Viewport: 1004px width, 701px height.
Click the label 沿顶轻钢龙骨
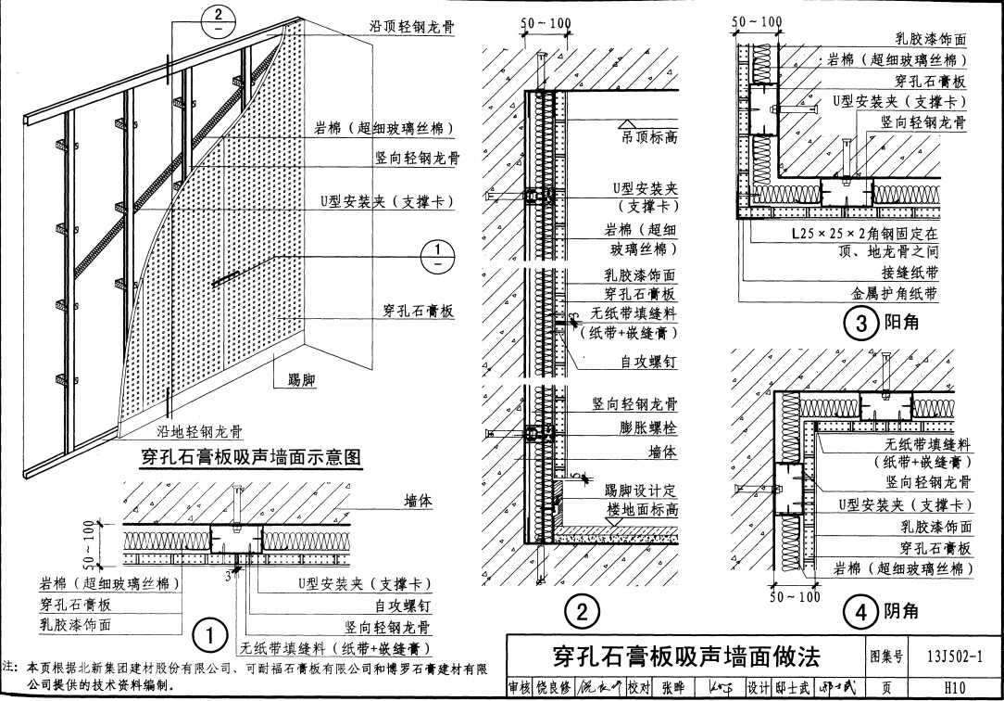[x=411, y=27]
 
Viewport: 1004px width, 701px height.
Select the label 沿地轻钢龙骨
[x=199, y=431]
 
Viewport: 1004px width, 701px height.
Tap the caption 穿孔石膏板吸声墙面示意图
[x=249, y=456]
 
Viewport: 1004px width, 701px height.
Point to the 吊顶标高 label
[x=648, y=137]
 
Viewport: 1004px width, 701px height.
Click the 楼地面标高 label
[x=642, y=510]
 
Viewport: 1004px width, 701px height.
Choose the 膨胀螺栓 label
[x=648, y=427]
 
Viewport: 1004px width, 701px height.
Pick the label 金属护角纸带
[x=895, y=293]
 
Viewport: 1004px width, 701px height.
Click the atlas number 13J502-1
[x=954, y=656]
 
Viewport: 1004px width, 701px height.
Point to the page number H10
[x=954, y=688]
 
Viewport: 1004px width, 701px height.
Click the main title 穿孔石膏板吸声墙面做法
[x=686, y=657]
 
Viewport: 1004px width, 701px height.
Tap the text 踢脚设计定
[x=641, y=491]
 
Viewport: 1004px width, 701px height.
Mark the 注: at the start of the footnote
[x=11, y=666]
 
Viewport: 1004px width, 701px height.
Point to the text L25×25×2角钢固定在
[x=864, y=234]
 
